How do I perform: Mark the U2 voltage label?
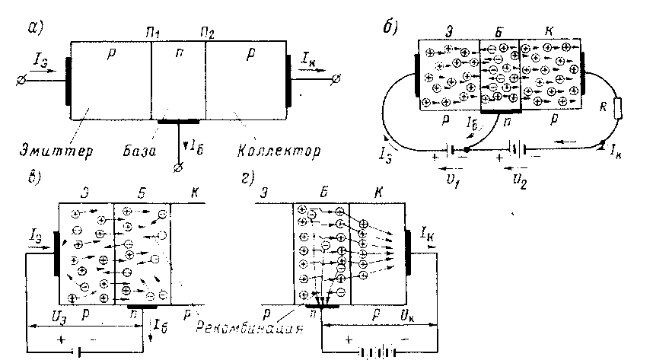click(x=521, y=183)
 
